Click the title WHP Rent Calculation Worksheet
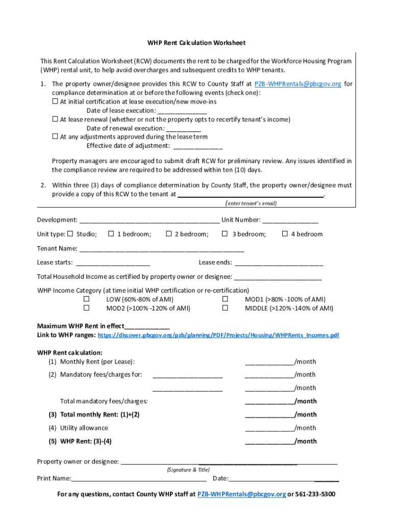coord(196,43)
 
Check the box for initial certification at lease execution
coord(55,101)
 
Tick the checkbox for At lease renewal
coord(55,119)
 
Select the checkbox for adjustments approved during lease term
coord(55,137)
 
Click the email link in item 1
coord(298,84)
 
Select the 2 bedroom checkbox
coord(169,234)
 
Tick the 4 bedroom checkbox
coord(285,234)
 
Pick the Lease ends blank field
coord(279,264)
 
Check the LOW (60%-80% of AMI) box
coord(87,299)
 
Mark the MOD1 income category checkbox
coord(225,299)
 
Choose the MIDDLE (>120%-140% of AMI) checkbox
coord(225,308)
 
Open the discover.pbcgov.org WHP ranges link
coord(218,335)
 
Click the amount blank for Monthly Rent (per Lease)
coord(269,362)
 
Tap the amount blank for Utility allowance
coord(269,429)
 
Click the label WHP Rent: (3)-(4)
coord(86,441)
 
